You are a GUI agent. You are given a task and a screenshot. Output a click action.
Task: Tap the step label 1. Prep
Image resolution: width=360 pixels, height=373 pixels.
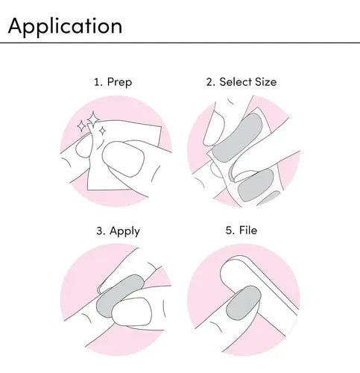coord(113,82)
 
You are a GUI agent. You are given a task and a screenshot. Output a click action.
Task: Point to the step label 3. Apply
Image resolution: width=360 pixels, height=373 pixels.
coord(118,231)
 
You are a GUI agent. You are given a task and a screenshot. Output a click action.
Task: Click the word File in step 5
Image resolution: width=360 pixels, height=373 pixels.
coord(248,230)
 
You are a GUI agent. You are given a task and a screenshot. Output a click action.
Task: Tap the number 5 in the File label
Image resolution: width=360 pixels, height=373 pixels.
coord(229,231)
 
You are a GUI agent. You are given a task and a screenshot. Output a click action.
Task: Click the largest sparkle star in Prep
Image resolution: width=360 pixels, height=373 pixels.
coord(93,119)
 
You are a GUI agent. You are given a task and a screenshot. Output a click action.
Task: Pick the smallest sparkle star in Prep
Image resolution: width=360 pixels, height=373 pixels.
coord(102,131)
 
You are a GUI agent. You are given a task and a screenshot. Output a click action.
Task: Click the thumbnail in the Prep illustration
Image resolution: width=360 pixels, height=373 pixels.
coord(124,159)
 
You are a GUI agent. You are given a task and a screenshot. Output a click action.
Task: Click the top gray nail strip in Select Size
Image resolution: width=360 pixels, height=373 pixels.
coord(237,137)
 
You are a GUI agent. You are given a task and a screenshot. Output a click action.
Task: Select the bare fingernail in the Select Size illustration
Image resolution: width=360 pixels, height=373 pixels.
coord(214,129)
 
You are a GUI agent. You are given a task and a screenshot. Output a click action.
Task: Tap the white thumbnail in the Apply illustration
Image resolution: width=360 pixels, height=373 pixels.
coord(132,312)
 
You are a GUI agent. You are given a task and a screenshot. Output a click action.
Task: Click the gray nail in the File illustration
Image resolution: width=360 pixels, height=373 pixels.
coord(244,303)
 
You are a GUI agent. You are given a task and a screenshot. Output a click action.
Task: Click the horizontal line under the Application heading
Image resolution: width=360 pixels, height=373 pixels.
coord(180,43)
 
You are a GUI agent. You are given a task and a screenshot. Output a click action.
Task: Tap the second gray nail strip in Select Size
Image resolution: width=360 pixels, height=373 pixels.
coord(256,184)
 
